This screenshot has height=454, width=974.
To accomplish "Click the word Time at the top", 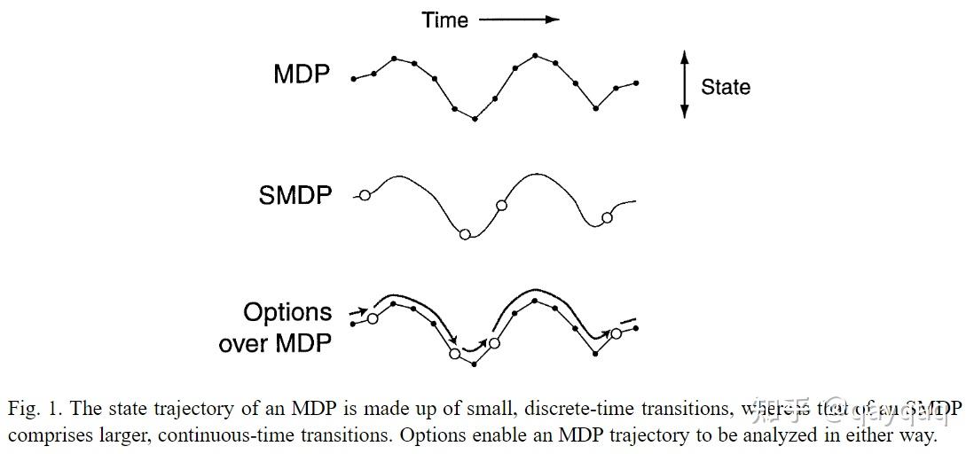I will point(444,20).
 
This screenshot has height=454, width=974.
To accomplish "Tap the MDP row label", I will point(302,74).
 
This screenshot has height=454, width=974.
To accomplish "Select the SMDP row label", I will point(295,195).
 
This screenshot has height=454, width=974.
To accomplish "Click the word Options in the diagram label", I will point(287,312).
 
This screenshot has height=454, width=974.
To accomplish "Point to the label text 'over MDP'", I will point(275,342).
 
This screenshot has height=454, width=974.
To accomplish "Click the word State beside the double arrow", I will point(725,87).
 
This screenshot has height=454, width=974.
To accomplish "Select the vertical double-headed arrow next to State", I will point(684,84).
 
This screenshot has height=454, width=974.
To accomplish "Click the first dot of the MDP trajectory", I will point(354,79).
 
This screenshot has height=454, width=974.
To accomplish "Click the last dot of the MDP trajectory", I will point(636,83).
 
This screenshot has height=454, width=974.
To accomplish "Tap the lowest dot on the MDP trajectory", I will point(475,118).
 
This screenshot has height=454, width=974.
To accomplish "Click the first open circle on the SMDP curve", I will point(364,195).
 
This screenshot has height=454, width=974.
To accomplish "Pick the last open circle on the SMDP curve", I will point(607,218).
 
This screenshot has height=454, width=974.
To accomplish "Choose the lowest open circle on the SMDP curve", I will point(464,234).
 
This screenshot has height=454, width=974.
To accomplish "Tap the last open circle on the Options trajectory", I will point(616,333).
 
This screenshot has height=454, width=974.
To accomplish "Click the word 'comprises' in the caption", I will point(49,436).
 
